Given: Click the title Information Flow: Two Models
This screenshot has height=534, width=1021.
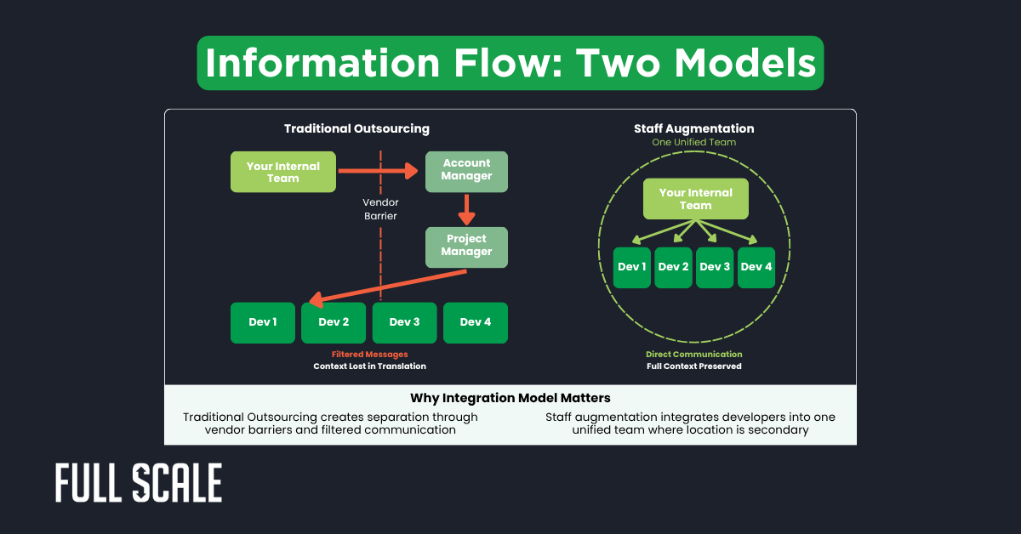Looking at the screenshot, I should [510, 63].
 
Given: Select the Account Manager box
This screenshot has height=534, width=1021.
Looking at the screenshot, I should [466, 171].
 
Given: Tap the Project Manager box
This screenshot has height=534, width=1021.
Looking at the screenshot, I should [466, 247].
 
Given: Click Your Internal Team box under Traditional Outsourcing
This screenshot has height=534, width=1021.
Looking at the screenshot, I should [283, 172].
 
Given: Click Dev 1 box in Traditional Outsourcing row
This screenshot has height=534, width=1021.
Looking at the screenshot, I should [263, 322].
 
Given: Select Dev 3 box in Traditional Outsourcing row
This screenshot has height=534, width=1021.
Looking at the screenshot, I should [404, 322].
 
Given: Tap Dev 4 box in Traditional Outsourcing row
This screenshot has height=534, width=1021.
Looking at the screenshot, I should [475, 322].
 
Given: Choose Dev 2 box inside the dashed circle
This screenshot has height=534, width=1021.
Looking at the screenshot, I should [673, 267].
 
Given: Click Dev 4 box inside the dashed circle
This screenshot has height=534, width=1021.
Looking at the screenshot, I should [756, 267].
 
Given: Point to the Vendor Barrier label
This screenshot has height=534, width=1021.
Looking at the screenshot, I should [380, 209].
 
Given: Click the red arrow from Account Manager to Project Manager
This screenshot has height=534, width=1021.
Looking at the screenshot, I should [466, 209].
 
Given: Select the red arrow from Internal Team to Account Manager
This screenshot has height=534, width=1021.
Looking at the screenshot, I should [378, 171].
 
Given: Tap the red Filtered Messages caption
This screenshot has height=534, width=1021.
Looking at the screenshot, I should [369, 354].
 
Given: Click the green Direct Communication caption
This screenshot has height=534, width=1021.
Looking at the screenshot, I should [693, 354].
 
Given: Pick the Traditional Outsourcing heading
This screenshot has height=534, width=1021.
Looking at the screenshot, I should [356, 129].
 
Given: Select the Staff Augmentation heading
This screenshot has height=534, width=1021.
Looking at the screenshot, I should [693, 129].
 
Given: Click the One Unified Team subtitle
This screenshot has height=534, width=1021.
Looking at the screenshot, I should [693, 143].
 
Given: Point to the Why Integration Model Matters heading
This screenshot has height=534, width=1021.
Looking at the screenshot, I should [510, 398].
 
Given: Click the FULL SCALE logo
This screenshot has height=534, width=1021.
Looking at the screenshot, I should [139, 483].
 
